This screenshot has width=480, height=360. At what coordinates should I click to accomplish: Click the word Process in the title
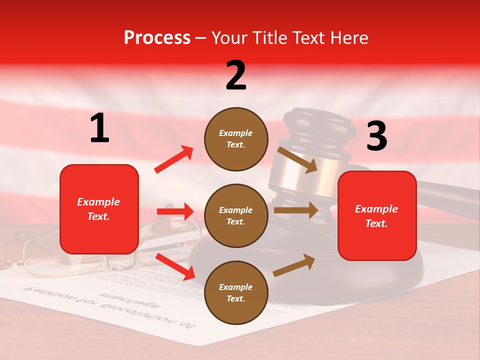[157, 37]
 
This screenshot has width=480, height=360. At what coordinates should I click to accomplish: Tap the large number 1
[99, 128]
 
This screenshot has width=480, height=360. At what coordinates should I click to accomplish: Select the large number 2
[236, 75]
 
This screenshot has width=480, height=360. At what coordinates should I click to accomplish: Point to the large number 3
[376, 136]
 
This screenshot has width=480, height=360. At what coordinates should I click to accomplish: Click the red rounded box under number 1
[99, 209]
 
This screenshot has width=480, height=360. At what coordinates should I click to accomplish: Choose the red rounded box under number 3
[377, 216]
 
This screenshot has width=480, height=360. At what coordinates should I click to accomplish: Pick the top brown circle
[236, 139]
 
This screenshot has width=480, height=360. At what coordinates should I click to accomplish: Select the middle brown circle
[236, 215]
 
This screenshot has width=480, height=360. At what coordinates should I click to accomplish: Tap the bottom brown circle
[236, 292]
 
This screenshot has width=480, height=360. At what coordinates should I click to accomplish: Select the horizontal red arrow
[175, 211]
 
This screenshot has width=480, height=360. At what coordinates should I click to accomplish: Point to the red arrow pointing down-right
[175, 266]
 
